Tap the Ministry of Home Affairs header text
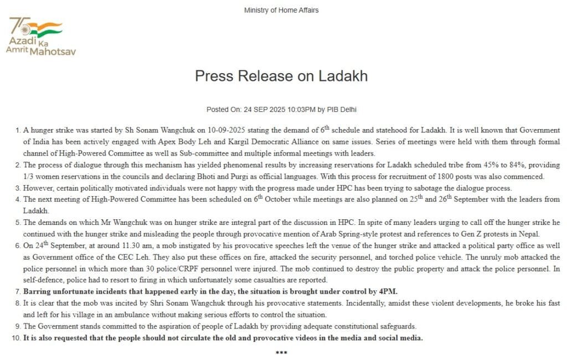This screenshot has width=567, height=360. click(281, 11)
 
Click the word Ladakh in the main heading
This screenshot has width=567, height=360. click(343, 76)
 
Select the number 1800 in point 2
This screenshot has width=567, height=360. click(458, 177)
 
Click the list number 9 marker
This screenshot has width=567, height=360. click(18, 326)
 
